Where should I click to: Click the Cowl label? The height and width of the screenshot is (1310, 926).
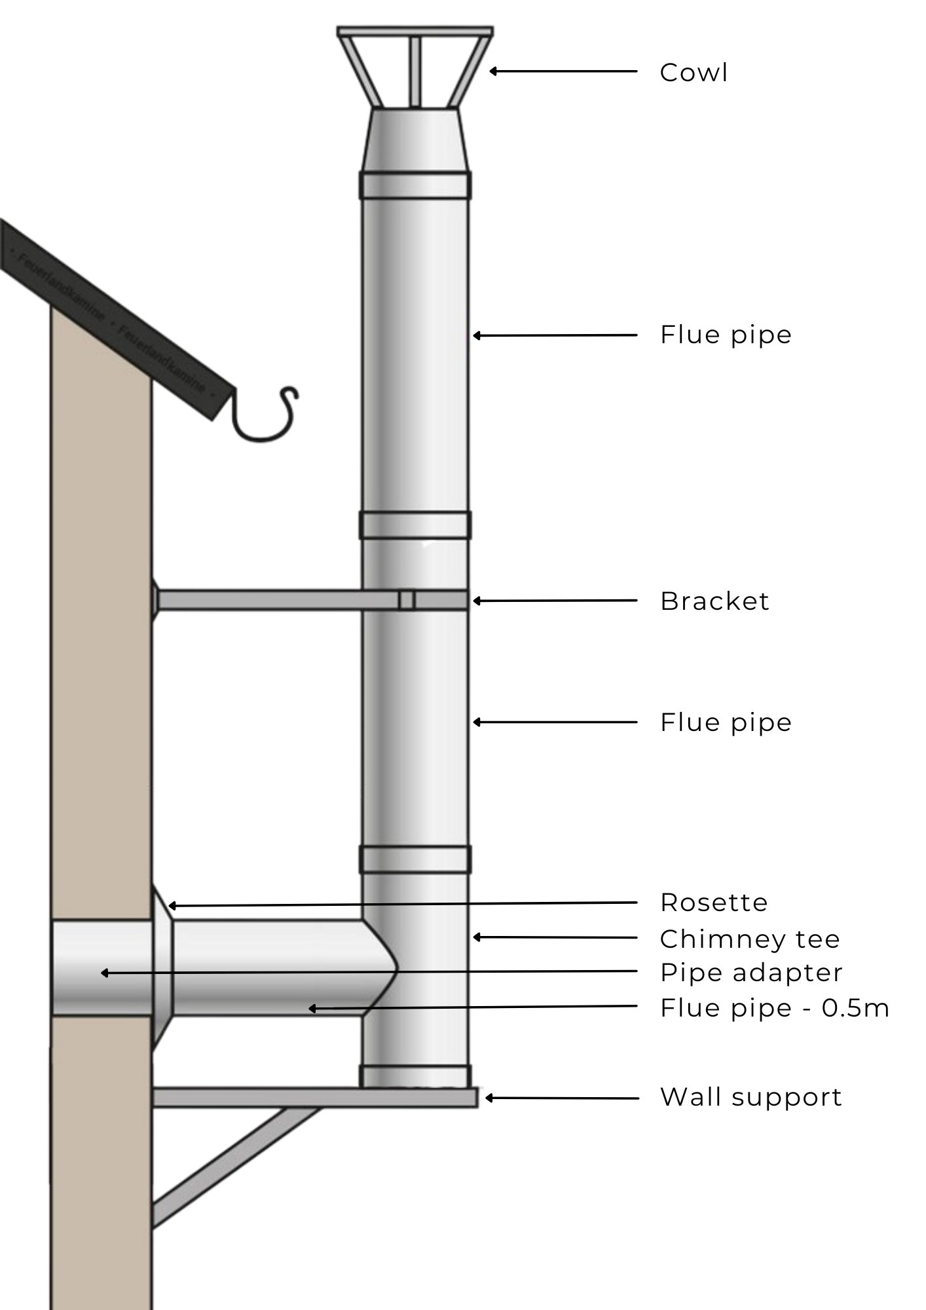(x=693, y=73)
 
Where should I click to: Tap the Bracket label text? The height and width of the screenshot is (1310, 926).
(x=714, y=601)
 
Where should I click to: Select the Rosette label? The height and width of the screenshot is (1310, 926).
(x=713, y=903)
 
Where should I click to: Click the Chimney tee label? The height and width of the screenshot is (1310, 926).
(x=749, y=939)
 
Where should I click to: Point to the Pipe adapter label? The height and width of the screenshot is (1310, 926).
(x=750, y=973)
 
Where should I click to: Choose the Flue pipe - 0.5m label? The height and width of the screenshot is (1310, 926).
(x=774, y=1008)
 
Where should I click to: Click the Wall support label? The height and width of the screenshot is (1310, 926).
(x=750, y=1097)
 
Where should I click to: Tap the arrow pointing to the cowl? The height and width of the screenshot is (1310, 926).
(x=563, y=71)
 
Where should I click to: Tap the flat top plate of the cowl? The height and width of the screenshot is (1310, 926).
(x=415, y=31)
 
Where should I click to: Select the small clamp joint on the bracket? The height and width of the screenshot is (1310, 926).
(x=407, y=600)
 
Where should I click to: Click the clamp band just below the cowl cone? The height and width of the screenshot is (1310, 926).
(x=415, y=185)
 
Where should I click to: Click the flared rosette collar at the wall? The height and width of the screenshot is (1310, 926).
(x=162, y=968)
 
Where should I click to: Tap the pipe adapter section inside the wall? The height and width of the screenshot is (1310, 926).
(x=102, y=968)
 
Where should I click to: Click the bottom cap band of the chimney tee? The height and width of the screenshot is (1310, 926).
(x=415, y=1076)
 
